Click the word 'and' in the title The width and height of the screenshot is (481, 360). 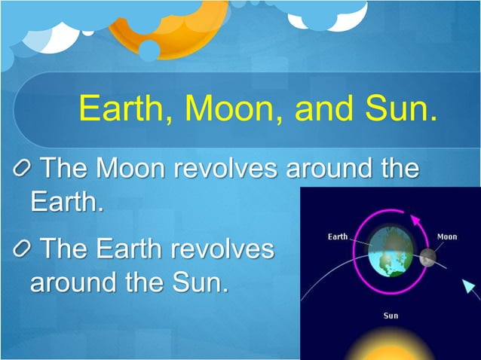tap(318, 109)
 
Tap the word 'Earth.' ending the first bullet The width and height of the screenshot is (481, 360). tap(66, 202)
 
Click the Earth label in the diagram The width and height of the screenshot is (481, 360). tap(338, 236)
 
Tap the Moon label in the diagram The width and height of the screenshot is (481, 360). tap(447, 236)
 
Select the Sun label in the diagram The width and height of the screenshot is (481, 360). tap(391, 316)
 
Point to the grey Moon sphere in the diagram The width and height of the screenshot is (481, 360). tap(427, 257)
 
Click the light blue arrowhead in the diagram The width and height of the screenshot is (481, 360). tap(470, 287)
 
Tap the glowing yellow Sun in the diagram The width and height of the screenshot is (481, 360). tap(390, 349)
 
